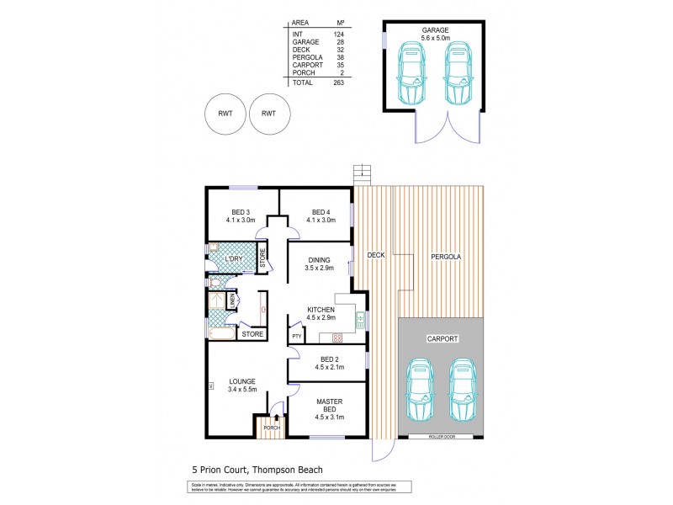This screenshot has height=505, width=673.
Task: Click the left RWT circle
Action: point(225,113)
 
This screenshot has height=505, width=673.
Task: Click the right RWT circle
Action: point(269,113)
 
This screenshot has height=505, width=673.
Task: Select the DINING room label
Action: point(318,263)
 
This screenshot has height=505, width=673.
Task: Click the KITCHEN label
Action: point(321,313)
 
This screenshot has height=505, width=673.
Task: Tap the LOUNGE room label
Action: point(242,385)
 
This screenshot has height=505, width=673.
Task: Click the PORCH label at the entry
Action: point(270,428)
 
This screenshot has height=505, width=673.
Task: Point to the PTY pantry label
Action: point(297,337)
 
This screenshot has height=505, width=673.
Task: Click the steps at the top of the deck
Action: point(362,173)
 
